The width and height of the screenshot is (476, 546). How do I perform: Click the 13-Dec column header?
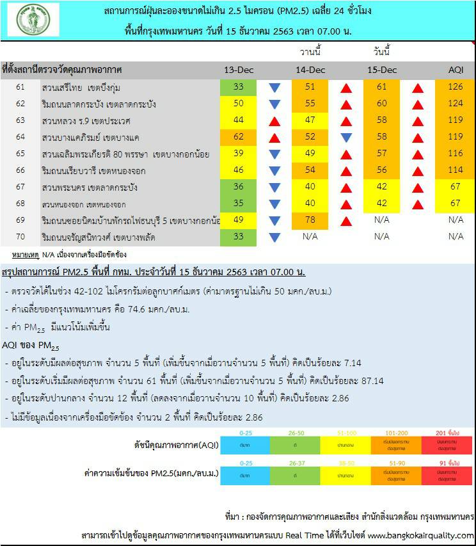tap(239, 70)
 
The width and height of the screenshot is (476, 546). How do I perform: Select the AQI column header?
tap(456, 70)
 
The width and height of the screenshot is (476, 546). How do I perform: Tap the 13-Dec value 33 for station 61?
tap(239, 87)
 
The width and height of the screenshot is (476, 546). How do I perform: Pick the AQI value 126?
tap(456, 87)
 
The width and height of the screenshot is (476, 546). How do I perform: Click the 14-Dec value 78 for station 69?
tap(310, 220)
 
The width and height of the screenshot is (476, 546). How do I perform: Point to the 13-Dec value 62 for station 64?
tap(239, 137)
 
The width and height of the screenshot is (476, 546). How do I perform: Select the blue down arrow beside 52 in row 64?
tap(346, 137)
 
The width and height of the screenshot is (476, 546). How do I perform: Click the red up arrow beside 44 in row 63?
tap(274, 120)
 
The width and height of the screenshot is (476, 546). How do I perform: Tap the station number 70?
tap(20, 237)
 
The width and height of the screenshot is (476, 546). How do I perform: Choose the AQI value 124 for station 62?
tap(456, 104)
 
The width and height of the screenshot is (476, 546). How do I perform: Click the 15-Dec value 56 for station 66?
tap(382, 170)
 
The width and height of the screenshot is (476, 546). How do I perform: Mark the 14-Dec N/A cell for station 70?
tap(310, 237)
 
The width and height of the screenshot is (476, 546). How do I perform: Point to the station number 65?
tap(20, 154)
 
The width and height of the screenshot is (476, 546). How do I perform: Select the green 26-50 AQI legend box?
tap(296, 444)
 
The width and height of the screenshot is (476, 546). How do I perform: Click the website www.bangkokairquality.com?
tap(421, 535)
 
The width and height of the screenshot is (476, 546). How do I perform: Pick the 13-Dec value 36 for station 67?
tap(239, 187)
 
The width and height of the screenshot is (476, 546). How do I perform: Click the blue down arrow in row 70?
tap(274, 237)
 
